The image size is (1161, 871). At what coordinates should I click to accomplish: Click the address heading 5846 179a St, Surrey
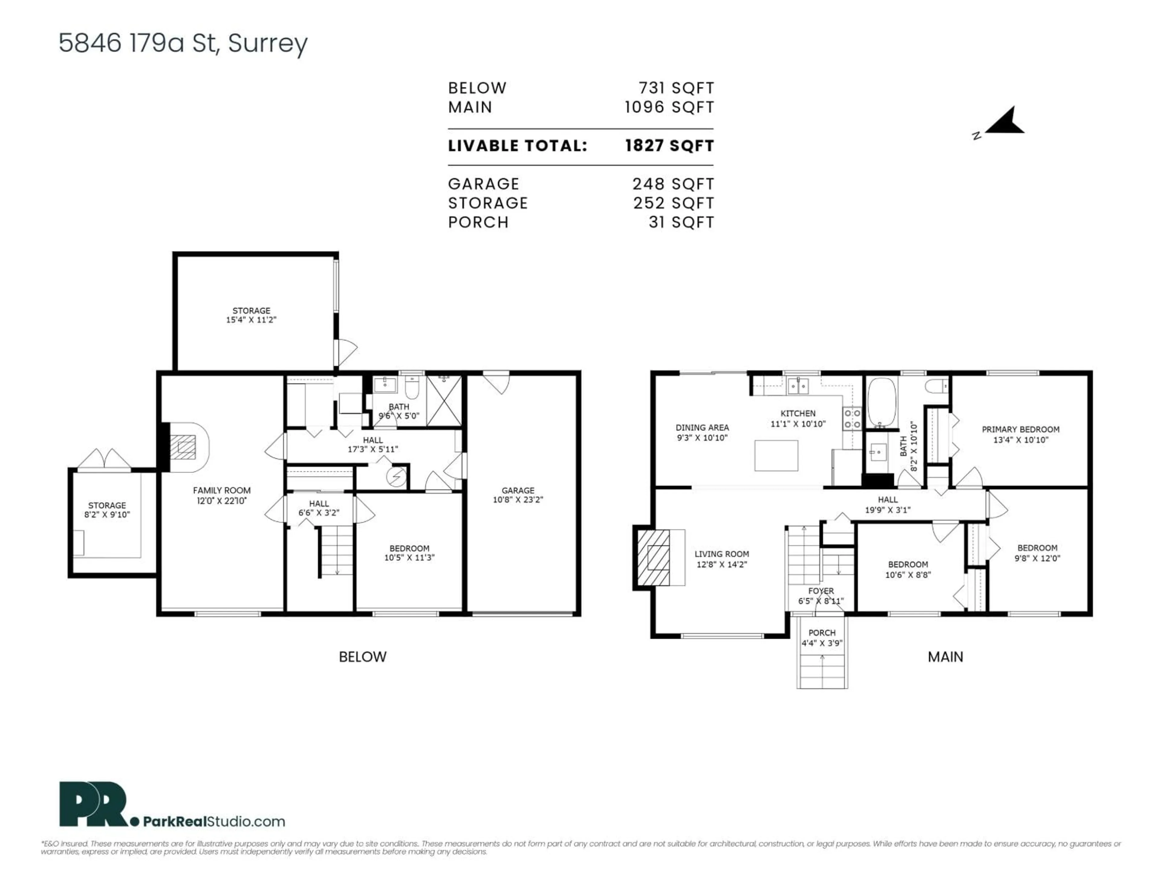coord(183,43)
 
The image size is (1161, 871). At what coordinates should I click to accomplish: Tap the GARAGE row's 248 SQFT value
coord(673,184)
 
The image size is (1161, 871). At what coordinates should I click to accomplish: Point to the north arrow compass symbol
coord(1005,122)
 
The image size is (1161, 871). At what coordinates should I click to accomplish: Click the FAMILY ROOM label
coord(222,490)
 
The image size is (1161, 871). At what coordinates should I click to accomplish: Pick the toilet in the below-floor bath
coord(412,387)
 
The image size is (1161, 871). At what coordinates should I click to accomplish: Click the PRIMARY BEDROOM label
coord(1020,429)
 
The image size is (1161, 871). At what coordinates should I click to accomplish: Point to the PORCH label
coord(821,633)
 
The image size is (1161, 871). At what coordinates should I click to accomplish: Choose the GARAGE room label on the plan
coord(518,490)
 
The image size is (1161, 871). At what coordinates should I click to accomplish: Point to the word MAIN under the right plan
coord(945,657)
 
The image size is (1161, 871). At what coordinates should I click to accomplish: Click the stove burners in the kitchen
coord(852,419)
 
